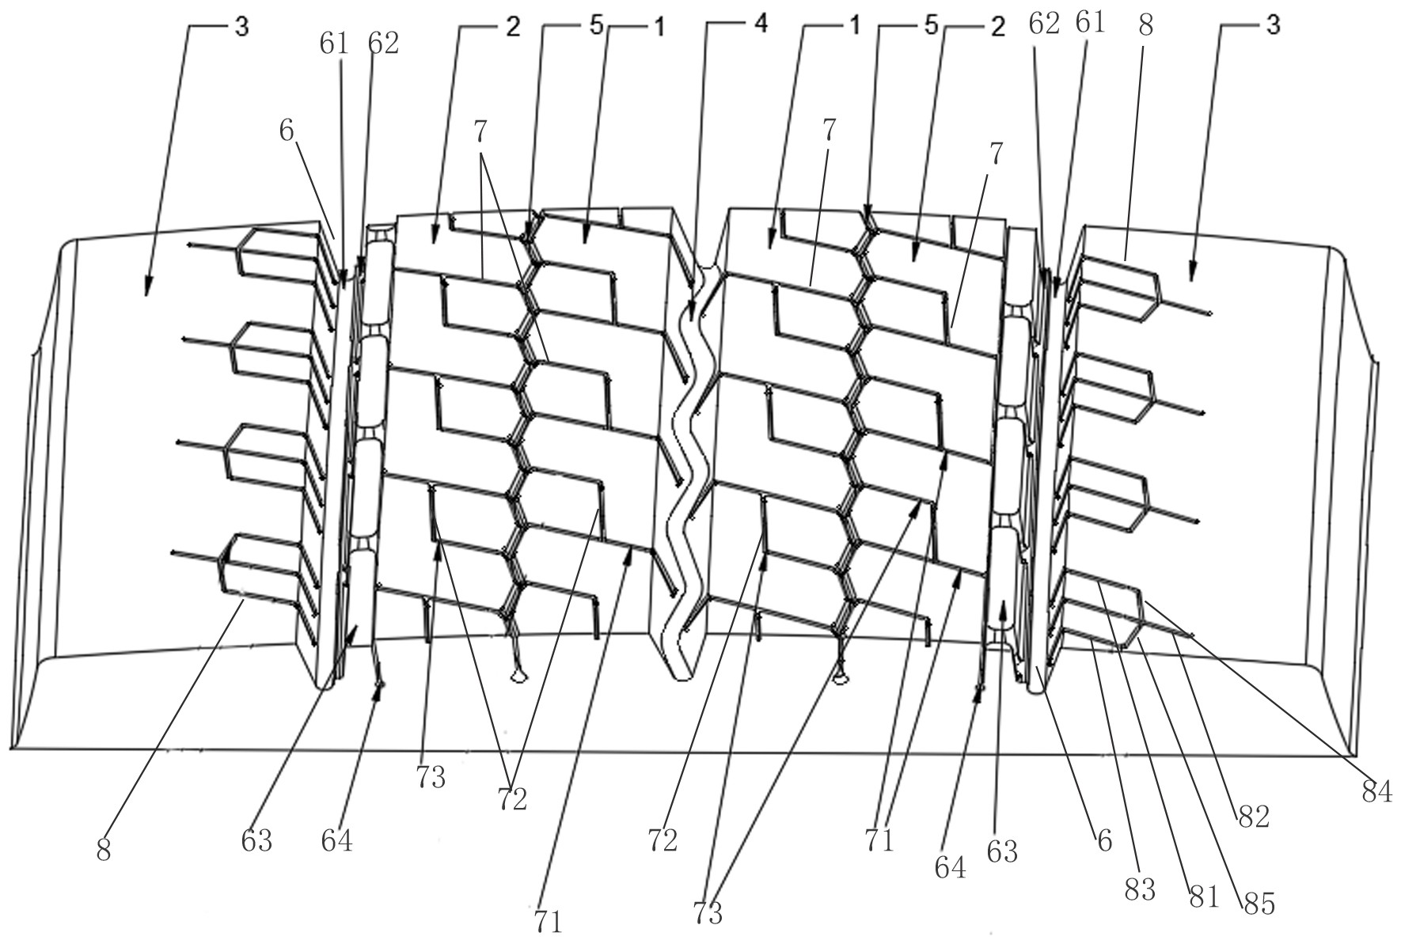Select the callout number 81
(x=1203, y=897)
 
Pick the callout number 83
(x=1140, y=889)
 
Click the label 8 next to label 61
(x=1145, y=26)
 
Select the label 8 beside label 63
(x=104, y=851)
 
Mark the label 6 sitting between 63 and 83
(x=1104, y=840)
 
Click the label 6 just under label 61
(x=287, y=131)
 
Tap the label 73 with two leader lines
(x=708, y=914)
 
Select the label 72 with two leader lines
(x=512, y=800)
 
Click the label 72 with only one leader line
(x=663, y=841)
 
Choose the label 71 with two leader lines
(x=879, y=840)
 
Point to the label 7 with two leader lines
(x=481, y=131)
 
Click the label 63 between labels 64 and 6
(x=1001, y=851)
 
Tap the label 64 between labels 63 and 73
(x=336, y=840)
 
